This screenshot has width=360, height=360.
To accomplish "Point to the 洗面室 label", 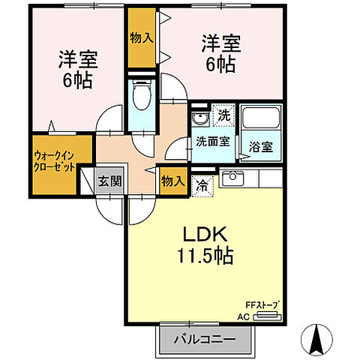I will click(x=212, y=140).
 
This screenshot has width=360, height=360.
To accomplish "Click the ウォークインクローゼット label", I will click(x=54, y=162).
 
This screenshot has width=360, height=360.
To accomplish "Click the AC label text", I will click(x=243, y=316).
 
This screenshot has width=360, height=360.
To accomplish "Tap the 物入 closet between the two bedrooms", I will click(x=140, y=35).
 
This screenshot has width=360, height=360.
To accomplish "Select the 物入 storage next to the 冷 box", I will click(x=172, y=181).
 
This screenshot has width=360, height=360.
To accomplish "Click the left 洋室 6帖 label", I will click(x=76, y=70).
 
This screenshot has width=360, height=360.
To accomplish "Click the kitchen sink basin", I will click(x=232, y=178).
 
